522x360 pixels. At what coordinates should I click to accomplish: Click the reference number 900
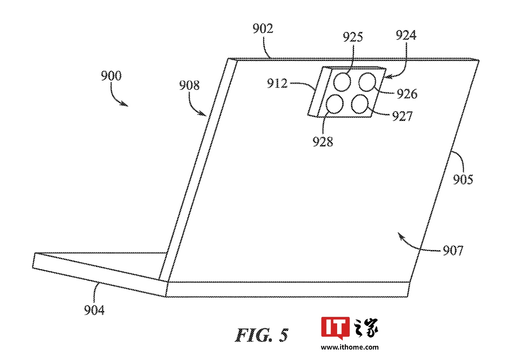point(111,76)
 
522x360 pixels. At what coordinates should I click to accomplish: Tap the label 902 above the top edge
point(263,29)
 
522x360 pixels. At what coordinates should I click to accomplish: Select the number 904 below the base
point(94,310)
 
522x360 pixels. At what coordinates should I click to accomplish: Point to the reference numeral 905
point(463,179)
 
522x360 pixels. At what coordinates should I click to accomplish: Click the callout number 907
point(453,250)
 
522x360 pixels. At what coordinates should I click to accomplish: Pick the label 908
point(189,85)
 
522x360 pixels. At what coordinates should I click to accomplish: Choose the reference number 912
point(277,84)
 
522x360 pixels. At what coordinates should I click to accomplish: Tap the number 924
point(406,35)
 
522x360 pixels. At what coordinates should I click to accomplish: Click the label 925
point(353,37)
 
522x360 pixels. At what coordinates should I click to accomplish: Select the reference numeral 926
point(407,94)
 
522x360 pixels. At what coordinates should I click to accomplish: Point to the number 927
point(402,116)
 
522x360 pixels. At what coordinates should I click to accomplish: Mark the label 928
point(323,142)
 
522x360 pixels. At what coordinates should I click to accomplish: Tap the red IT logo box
point(335,327)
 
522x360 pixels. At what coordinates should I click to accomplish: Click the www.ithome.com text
point(349,347)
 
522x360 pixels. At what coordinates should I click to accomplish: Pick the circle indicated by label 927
point(360,104)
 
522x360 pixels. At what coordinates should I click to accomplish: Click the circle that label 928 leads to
point(335,104)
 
